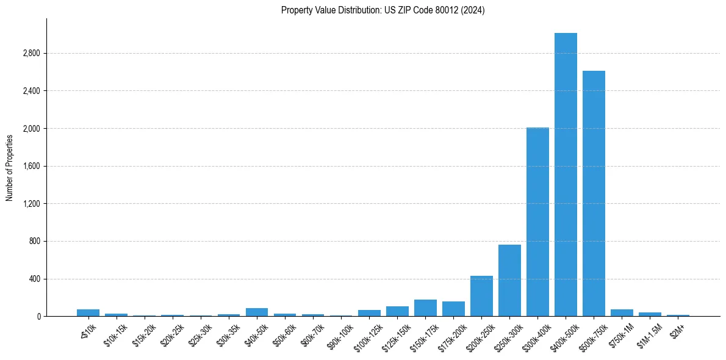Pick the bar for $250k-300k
pos(509,280)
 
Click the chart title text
pos(383,10)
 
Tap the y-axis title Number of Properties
pos(10,167)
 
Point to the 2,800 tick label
pos(31,53)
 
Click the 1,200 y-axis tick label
pos(31,204)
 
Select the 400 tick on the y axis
pos(34,279)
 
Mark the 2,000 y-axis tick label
pos(31,129)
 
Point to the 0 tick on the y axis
pos(38,317)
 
